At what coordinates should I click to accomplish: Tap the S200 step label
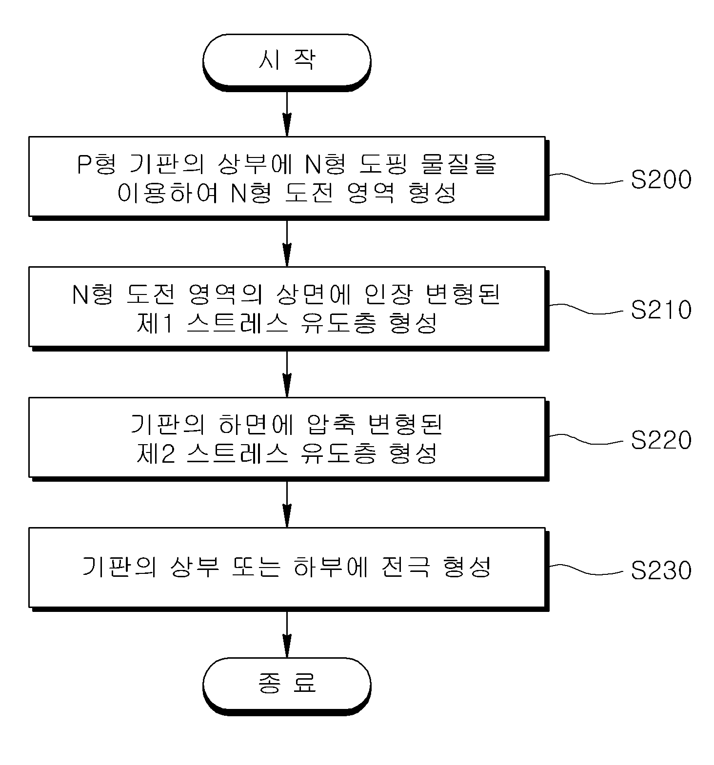click(x=661, y=180)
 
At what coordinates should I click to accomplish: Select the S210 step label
click(x=661, y=310)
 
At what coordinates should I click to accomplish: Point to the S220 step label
click(x=661, y=440)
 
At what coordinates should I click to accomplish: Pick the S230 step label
click(x=661, y=570)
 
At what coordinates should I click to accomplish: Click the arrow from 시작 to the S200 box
click(x=287, y=113)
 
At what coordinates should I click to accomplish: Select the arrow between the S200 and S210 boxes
click(x=287, y=243)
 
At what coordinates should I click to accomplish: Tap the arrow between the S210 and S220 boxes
click(x=287, y=373)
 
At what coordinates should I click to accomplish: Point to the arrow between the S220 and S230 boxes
click(x=287, y=504)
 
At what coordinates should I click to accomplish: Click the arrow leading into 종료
click(x=287, y=634)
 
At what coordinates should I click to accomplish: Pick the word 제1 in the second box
click(x=155, y=323)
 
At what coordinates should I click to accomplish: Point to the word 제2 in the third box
click(x=155, y=453)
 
